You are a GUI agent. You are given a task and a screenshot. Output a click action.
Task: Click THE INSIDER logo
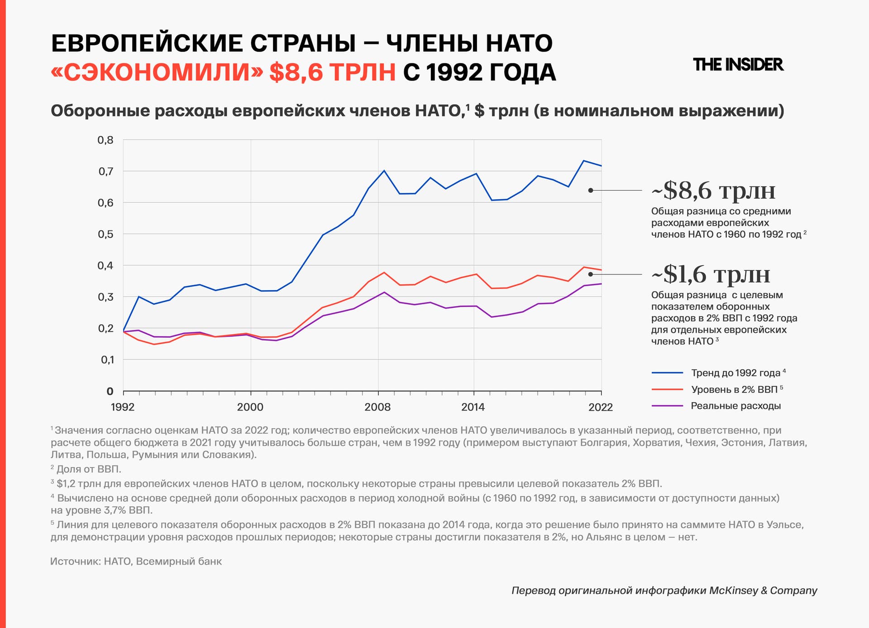tap(738, 65)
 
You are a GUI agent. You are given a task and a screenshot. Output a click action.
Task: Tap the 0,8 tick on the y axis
tap(105, 140)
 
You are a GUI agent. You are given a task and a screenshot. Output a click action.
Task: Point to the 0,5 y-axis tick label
tap(105, 234)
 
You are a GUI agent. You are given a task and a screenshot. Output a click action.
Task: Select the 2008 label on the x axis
tap(377, 407)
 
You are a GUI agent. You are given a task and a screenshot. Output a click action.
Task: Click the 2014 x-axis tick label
tap(473, 407)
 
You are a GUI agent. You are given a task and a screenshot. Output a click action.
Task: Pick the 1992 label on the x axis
tap(123, 407)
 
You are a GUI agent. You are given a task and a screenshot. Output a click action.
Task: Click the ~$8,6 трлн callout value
tap(713, 191)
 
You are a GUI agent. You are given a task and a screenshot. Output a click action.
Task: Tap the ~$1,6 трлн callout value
tap(711, 274)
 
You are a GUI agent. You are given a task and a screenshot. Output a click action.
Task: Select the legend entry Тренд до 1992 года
tap(735, 373)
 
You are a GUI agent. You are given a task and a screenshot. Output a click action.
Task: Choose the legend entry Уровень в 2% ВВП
tap(734, 389)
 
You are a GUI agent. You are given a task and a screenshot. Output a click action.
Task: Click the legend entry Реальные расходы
tap(735, 406)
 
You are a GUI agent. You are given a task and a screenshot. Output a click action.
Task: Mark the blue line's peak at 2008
tap(384, 171)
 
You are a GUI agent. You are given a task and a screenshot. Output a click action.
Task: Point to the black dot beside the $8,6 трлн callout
tap(591, 190)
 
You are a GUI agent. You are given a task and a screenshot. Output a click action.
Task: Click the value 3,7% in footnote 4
tap(115, 510)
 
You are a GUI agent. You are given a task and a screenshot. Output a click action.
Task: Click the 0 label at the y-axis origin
tap(110, 391)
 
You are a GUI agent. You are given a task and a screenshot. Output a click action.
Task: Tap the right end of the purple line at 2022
tap(601, 284)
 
